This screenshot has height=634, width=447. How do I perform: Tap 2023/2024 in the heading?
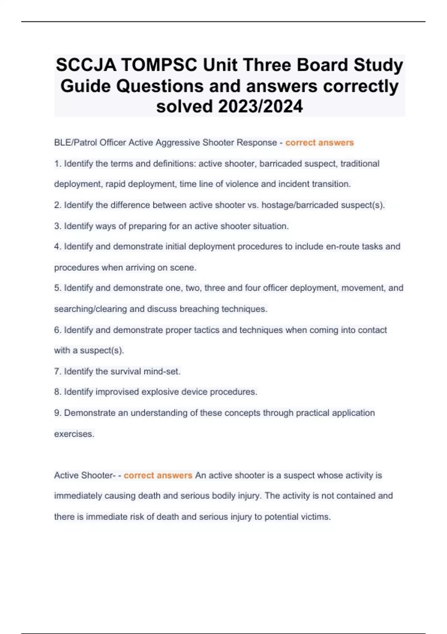tap(260, 106)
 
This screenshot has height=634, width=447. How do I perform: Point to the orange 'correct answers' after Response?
tap(320, 142)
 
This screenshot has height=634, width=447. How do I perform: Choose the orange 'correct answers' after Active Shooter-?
tap(158, 475)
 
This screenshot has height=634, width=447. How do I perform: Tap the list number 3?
tap(58, 226)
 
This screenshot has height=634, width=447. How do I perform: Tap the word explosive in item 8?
tap(160, 392)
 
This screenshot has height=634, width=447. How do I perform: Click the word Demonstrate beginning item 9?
tap(89, 413)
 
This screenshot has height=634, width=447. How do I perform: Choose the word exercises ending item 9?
tap(74, 434)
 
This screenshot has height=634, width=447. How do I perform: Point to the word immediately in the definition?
tap(78, 496)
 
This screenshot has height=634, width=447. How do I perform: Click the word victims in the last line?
tap(316, 517)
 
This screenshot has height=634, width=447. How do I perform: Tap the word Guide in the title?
tap(85, 86)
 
